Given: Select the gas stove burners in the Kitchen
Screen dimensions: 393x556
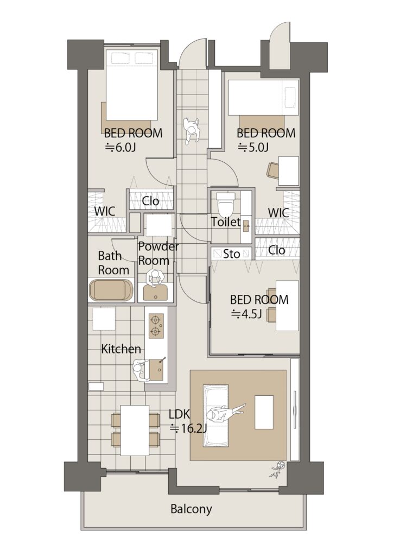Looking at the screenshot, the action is pos(156,326).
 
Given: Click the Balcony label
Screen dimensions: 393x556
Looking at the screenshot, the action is pos(191,509).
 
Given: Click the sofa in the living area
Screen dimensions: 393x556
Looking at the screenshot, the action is pos(215,415).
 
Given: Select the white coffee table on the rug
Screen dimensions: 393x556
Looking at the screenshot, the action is pos(264,413).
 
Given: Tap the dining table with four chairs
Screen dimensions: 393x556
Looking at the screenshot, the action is pos(135,430).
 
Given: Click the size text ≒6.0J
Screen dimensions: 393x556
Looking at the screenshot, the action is pos(120,147).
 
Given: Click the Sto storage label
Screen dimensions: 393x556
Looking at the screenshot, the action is pos(232,254).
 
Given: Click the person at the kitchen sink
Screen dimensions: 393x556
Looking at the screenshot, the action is pos(141,370).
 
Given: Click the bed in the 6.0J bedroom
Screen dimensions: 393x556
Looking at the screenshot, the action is pos(132,87).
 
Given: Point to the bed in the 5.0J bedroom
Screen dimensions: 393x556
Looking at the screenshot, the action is pos(263,97).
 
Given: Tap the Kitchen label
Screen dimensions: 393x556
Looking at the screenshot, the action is pos(121,349).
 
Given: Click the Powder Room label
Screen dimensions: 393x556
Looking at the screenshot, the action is pos(159,254).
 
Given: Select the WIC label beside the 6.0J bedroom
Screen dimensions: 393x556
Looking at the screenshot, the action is pos(105,211).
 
